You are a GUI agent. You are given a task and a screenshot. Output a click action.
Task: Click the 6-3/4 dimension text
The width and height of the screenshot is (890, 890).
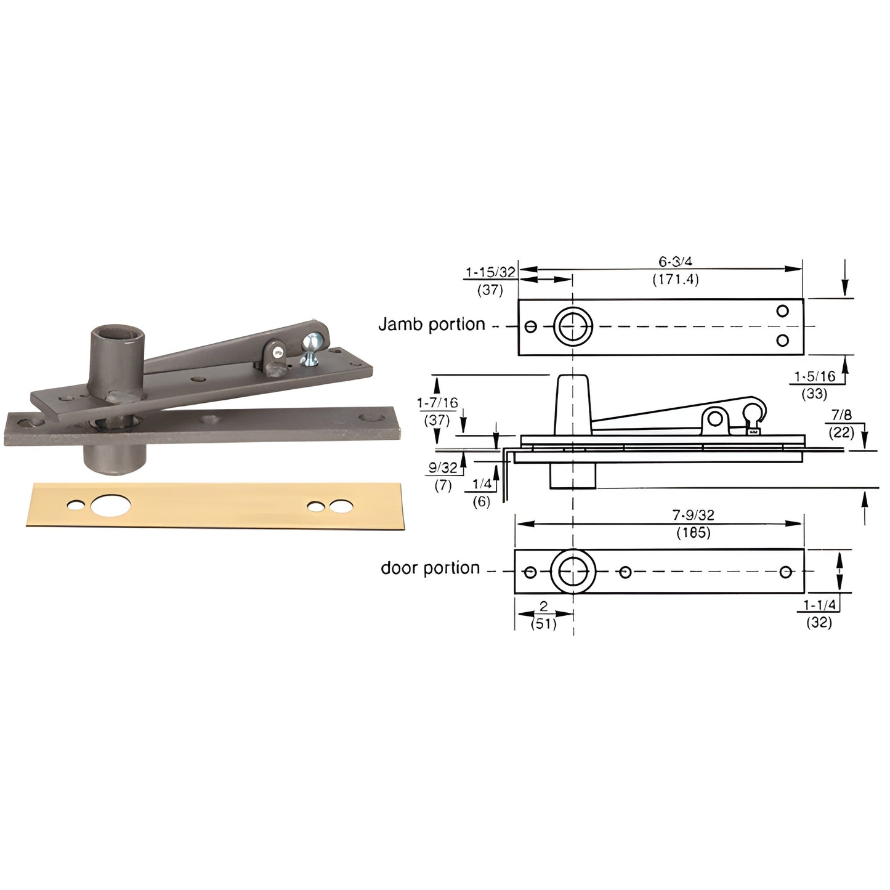point(676,262)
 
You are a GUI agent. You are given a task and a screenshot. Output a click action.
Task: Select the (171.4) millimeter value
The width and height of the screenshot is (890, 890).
point(676,280)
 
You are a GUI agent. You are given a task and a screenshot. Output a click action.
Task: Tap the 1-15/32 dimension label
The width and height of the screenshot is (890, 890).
point(490,272)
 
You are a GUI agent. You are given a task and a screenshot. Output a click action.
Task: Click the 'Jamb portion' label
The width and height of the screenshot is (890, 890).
point(431,325)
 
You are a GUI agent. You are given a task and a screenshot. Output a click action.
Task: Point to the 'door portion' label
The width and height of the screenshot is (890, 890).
point(430,568)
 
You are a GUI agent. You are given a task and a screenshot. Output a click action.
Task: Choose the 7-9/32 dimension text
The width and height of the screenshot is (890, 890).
point(693,515)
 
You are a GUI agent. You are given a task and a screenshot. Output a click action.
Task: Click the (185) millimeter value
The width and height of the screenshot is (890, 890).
point(693,533)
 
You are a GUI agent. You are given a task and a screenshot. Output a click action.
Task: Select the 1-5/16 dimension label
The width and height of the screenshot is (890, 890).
point(814,376)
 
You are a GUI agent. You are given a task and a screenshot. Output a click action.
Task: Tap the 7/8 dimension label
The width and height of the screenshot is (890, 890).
point(841,415)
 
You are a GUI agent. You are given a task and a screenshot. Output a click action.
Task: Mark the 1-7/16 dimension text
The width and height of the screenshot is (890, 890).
point(437,403)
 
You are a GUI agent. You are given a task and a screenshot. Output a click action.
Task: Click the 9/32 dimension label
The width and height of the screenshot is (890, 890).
point(443,467)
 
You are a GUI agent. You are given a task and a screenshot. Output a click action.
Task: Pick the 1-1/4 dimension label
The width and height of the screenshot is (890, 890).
point(819,605)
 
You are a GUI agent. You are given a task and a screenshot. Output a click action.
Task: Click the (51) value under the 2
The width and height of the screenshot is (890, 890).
point(543,623)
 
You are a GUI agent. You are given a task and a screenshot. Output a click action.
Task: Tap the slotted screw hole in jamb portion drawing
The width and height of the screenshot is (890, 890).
point(531,326)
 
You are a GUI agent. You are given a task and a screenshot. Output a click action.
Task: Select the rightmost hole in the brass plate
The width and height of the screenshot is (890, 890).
point(339,506)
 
